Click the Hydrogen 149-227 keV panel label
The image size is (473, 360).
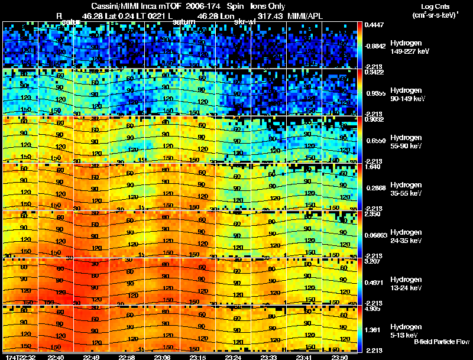click(405, 47)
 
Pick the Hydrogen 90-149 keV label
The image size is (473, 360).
click(405, 95)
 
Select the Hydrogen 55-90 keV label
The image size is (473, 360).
click(405, 141)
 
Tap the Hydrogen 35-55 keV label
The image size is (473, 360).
click(405, 189)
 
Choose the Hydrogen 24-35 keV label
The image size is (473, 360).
click(405, 236)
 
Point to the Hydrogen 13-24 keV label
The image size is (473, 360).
click(405, 284)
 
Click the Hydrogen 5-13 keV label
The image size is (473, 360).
click(405, 330)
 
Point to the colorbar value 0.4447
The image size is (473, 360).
click(372, 25)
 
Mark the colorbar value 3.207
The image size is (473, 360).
click(372, 261)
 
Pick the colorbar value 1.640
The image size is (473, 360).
click(372, 167)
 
